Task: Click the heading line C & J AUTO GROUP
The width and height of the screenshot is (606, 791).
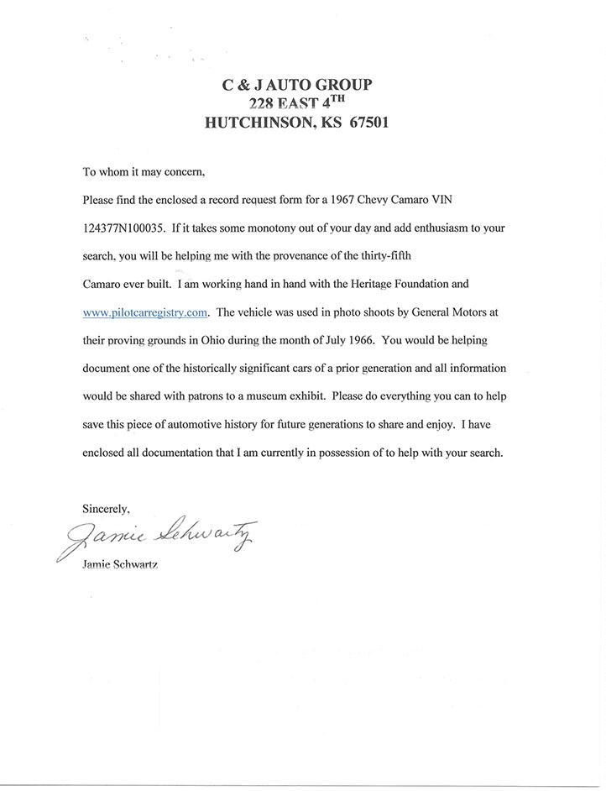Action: coord(296,84)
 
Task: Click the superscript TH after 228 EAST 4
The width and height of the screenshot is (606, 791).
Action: coord(332,99)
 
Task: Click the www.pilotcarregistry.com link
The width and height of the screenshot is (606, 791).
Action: coord(145,312)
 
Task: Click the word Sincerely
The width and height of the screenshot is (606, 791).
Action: coord(106,508)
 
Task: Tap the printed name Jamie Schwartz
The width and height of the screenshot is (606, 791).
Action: coord(121,566)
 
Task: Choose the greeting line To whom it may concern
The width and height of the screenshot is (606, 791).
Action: coord(143,172)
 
